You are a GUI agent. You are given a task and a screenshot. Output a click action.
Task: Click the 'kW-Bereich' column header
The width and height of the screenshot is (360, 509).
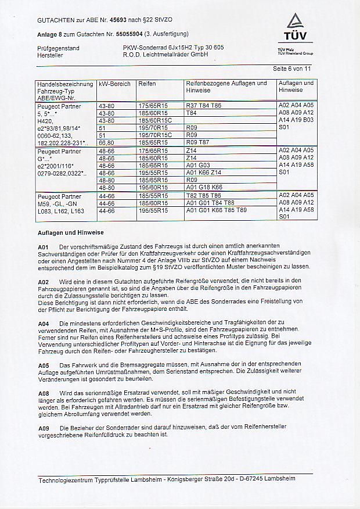(x=114, y=84)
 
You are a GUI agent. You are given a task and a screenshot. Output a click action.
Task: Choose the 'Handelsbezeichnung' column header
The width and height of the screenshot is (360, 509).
(x=64, y=84)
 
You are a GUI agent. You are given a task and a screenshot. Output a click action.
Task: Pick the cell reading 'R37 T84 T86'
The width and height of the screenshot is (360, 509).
(x=203, y=106)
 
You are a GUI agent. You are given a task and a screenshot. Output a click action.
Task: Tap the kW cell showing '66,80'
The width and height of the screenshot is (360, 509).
(x=107, y=142)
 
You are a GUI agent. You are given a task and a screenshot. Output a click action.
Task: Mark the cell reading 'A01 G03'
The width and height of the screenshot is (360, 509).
(x=198, y=165)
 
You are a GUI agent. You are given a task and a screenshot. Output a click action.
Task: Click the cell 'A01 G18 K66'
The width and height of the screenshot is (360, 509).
(x=204, y=188)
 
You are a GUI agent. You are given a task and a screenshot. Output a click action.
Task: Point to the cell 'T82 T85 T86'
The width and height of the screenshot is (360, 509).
(x=203, y=196)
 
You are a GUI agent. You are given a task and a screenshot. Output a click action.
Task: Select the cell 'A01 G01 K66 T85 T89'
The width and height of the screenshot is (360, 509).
(x=216, y=210)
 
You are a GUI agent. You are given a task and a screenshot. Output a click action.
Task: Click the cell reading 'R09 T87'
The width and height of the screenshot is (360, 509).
(x=197, y=142)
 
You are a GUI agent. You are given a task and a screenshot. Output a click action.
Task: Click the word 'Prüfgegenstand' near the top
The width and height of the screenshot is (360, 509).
(x=58, y=47)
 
